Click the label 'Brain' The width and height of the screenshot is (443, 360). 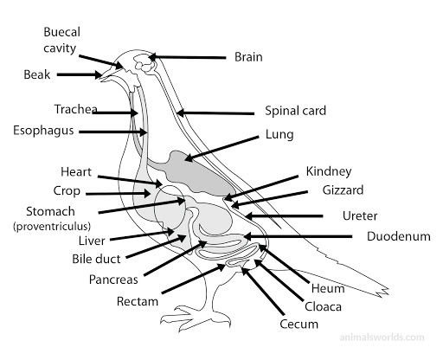coord(248,57)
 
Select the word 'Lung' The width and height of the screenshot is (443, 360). coord(280,135)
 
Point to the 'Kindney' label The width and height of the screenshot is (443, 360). coord(330,172)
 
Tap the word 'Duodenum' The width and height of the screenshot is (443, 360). coord(396,236)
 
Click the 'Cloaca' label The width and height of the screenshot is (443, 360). coord(322,306)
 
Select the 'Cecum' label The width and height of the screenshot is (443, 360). coord(299,325)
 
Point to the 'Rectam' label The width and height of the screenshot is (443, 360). coord(138,301)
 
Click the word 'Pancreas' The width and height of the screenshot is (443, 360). coord(113,280)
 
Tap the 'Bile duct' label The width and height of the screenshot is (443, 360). coord(96,258)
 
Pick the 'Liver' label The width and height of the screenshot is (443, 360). coord(92,241)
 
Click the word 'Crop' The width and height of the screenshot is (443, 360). coord(66,191)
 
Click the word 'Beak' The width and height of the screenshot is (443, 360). coord(39,75)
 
